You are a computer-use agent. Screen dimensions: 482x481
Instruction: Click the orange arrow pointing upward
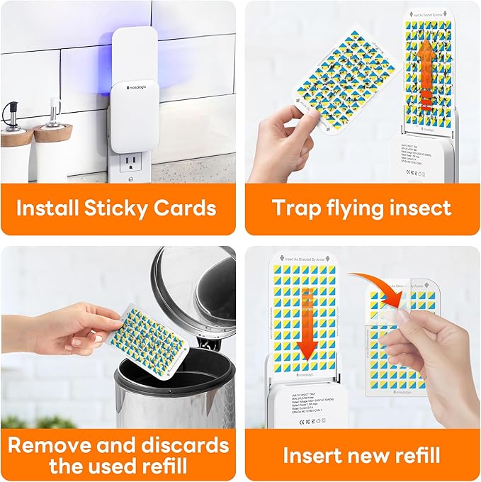[x=424, y=71]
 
